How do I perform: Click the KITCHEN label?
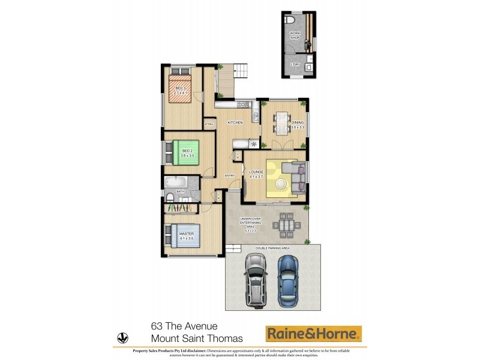click(235, 122)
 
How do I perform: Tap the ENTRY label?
click(230, 175)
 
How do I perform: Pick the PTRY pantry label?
click(209, 124)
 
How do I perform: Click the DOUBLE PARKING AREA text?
click(272, 247)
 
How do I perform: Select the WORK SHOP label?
click(295, 35)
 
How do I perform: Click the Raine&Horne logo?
click(314, 334)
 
